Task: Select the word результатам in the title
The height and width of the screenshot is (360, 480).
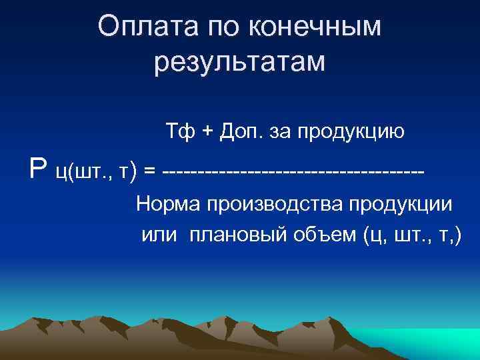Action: [239, 63]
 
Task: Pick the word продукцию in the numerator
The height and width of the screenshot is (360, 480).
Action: [351, 132]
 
